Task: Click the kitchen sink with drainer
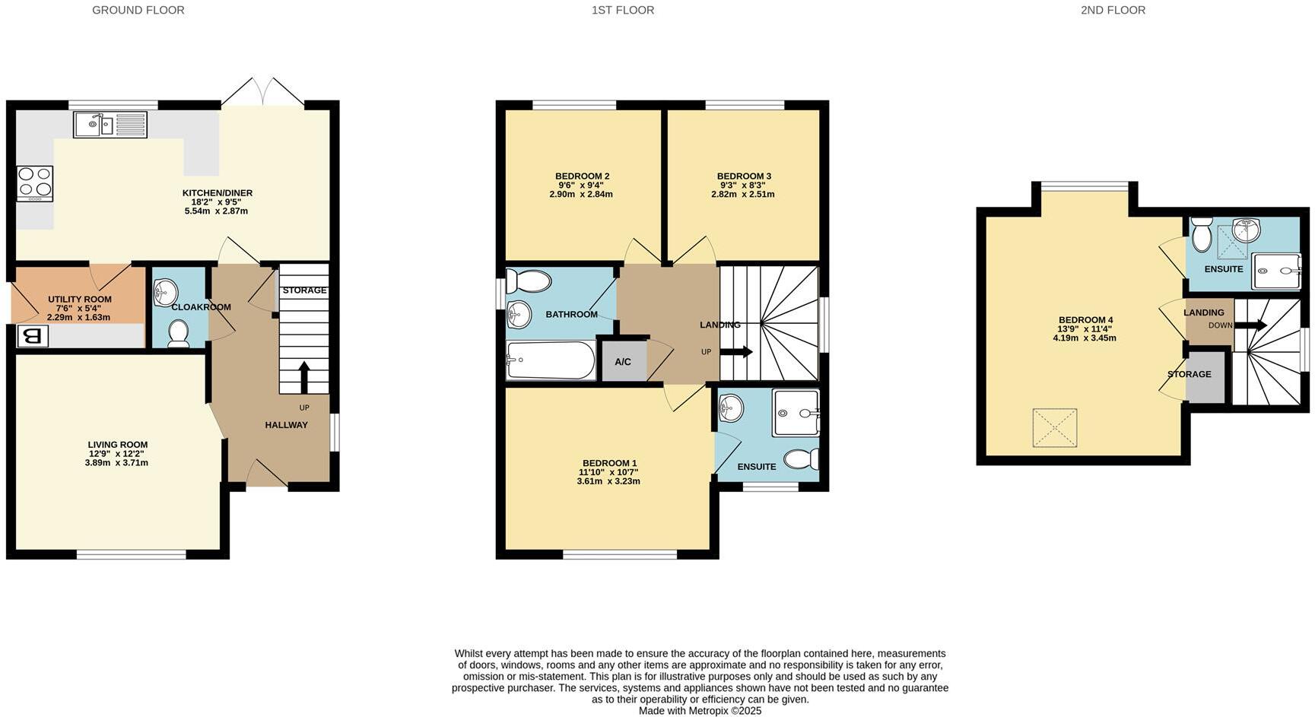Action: [x=110, y=124]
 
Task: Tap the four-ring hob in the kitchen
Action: [x=35, y=183]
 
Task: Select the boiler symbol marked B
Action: [x=31, y=336]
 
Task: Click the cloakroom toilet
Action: [x=179, y=333]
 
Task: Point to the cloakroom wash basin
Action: [x=165, y=291]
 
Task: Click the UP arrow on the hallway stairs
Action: [x=304, y=376]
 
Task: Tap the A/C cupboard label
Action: [x=623, y=362]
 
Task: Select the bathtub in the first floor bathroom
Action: [x=551, y=360]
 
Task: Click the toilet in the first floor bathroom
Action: [x=529, y=282]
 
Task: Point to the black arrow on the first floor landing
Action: [x=735, y=352]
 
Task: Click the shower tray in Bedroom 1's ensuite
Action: [x=796, y=413]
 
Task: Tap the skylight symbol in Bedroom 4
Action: [x=1054, y=428]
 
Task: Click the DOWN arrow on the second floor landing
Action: [x=1250, y=325]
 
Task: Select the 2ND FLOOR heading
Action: [x=1113, y=10]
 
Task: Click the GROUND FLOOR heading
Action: [x=138, y=10]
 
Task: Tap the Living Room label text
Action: [x=117, y=445]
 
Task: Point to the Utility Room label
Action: [x=80, y=300]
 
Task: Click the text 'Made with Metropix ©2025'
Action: [x=700, y=711]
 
